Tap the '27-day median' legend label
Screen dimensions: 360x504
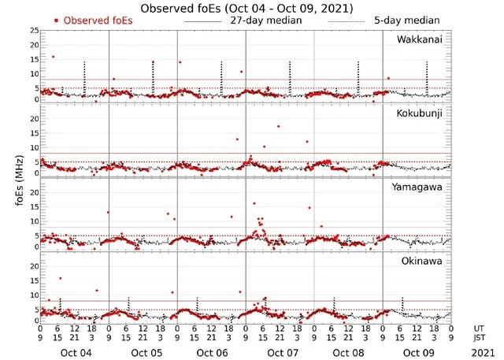coord(265,20)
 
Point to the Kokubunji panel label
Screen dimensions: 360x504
coord(422,113)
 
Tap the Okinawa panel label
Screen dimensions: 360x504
coord(424,258)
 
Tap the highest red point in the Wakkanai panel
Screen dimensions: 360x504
coord(53,57)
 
